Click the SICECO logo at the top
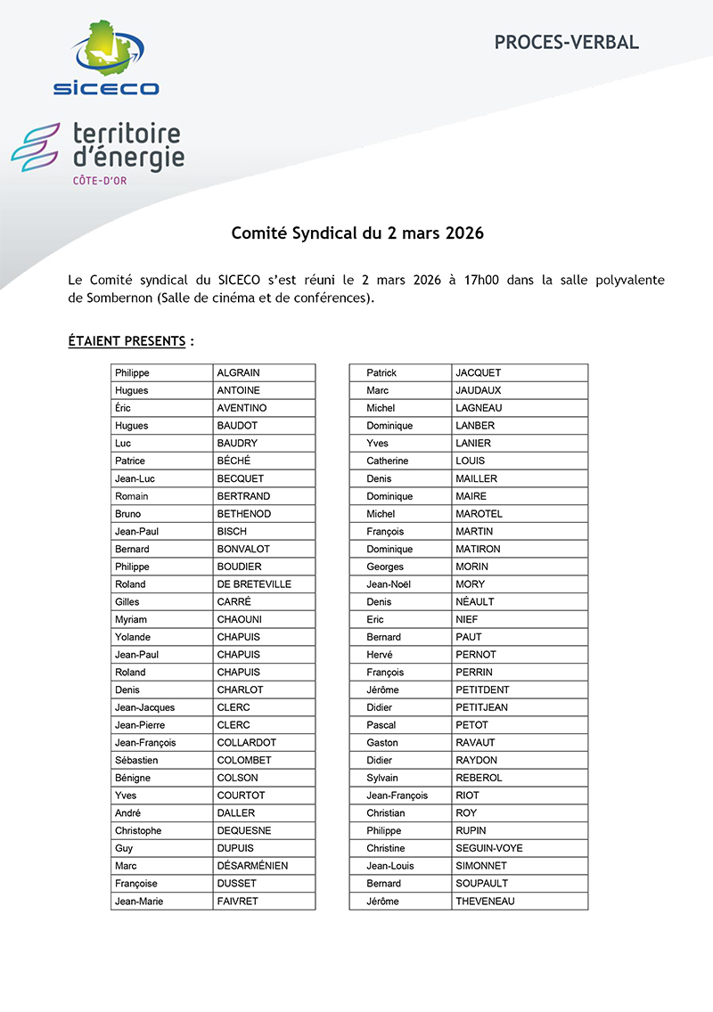(x=105, y=59)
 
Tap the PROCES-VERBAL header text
(x=566, y=42)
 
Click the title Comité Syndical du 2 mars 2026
(x=356, y=234)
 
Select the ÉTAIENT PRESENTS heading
(x=127, y=341)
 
